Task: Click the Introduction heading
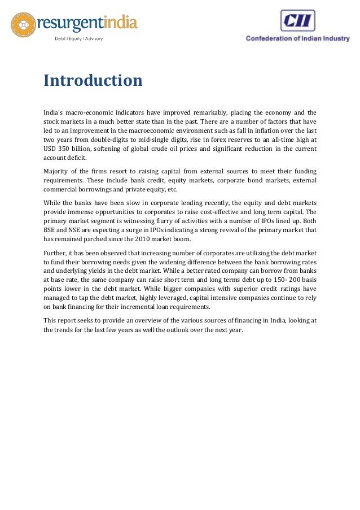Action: tap(93, 81)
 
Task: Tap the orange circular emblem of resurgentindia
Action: tap(23, 25)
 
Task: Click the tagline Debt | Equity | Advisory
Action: tap(78, 38)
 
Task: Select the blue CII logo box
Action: tap(297, 20)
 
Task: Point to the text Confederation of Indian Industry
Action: tap(297, 38)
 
